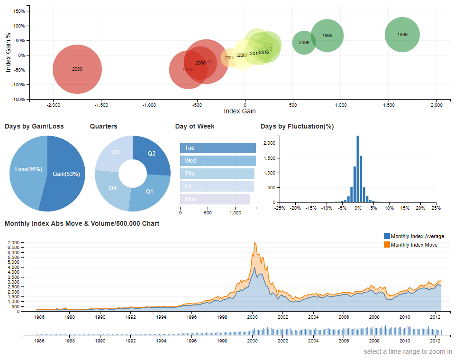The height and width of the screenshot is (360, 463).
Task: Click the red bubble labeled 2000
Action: coord(77,69)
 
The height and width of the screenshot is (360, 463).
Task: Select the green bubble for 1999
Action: coord(402,35)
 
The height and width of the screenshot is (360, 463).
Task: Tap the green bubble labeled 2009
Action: coord(304,43)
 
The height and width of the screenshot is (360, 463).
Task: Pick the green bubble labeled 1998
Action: coord(327,36)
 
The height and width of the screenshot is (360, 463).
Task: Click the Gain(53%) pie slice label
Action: coord(66,174)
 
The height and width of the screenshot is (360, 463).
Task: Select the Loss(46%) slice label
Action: coord(27,169)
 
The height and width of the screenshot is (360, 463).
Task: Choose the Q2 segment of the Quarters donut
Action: coord(152,154)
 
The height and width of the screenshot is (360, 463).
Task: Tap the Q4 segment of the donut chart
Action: coord(112,188)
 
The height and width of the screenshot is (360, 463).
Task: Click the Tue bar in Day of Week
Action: coord(218,148)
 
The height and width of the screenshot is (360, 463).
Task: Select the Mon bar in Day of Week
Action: coord(215,199)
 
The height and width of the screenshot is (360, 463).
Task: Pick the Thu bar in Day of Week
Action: coord(217,174)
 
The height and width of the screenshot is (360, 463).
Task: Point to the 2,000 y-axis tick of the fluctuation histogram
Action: coord(269,143)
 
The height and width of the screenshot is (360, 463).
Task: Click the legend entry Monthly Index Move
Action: coord(414,245)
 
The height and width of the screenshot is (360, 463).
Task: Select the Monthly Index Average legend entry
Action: coord(417,236)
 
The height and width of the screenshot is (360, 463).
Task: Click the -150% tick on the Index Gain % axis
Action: coord(18,100)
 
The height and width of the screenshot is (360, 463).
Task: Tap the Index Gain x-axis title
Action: coord(239,111)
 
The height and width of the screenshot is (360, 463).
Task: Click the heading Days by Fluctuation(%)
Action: coord(297,126)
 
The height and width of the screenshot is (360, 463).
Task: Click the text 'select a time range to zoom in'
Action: coord(408,352)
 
